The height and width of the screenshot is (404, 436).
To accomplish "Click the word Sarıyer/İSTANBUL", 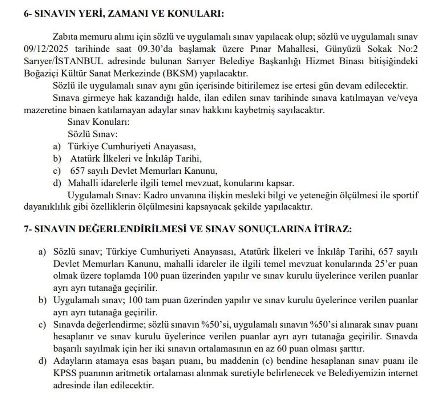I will tap(63, 61).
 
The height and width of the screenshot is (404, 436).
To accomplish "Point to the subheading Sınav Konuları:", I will tap(98, 122).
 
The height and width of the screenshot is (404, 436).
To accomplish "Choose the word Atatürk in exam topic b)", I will tap(85, 158).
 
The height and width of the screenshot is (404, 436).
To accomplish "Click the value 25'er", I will tap(406, 264).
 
